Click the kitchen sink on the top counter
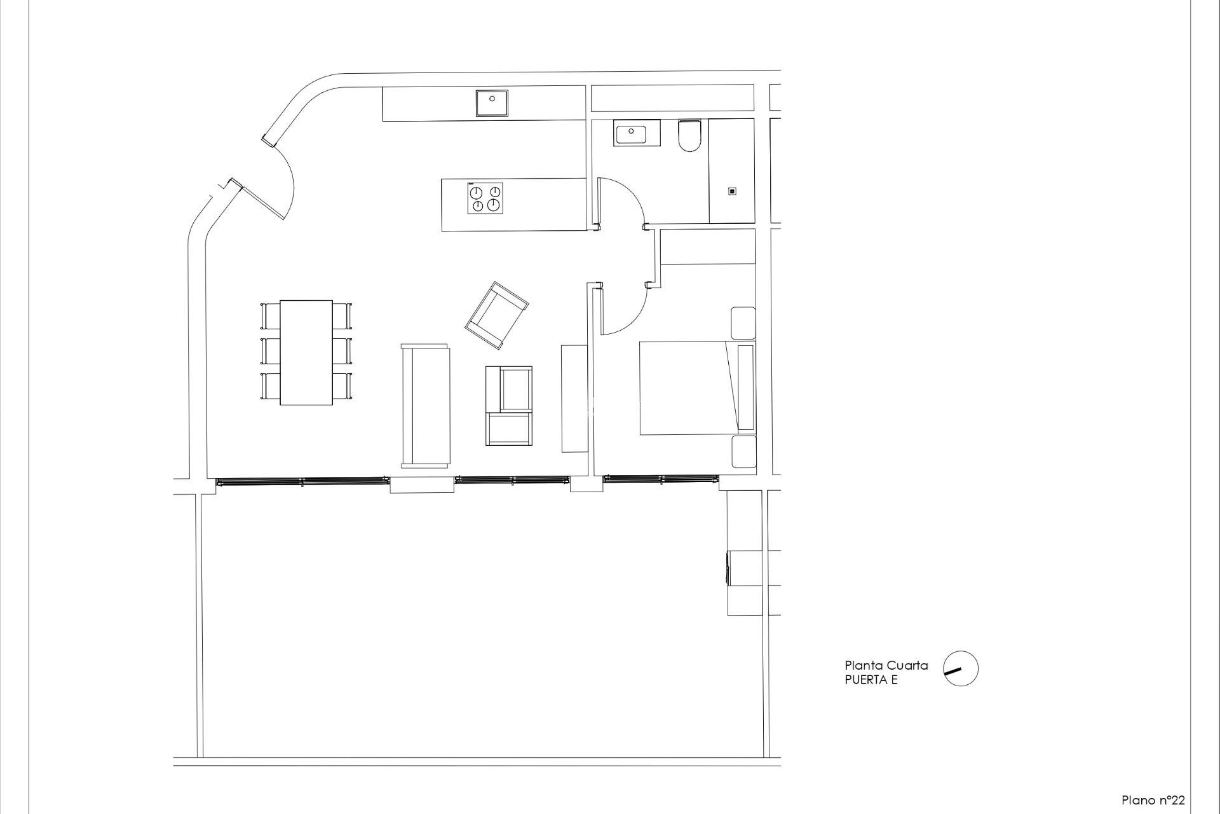pos(492,103)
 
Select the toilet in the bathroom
pos(689,136)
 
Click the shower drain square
pos(732,191)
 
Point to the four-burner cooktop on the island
pos(485,198)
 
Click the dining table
pos(306,352)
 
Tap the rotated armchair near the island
pos(496,315)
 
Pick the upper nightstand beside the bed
pos(743,323)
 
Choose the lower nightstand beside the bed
pos(743,452)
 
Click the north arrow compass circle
pos(960,668)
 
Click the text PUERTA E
pos(871,680)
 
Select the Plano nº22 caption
pos(1153,800)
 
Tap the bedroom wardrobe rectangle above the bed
pos(708,247)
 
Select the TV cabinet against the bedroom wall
pos(574,398)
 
